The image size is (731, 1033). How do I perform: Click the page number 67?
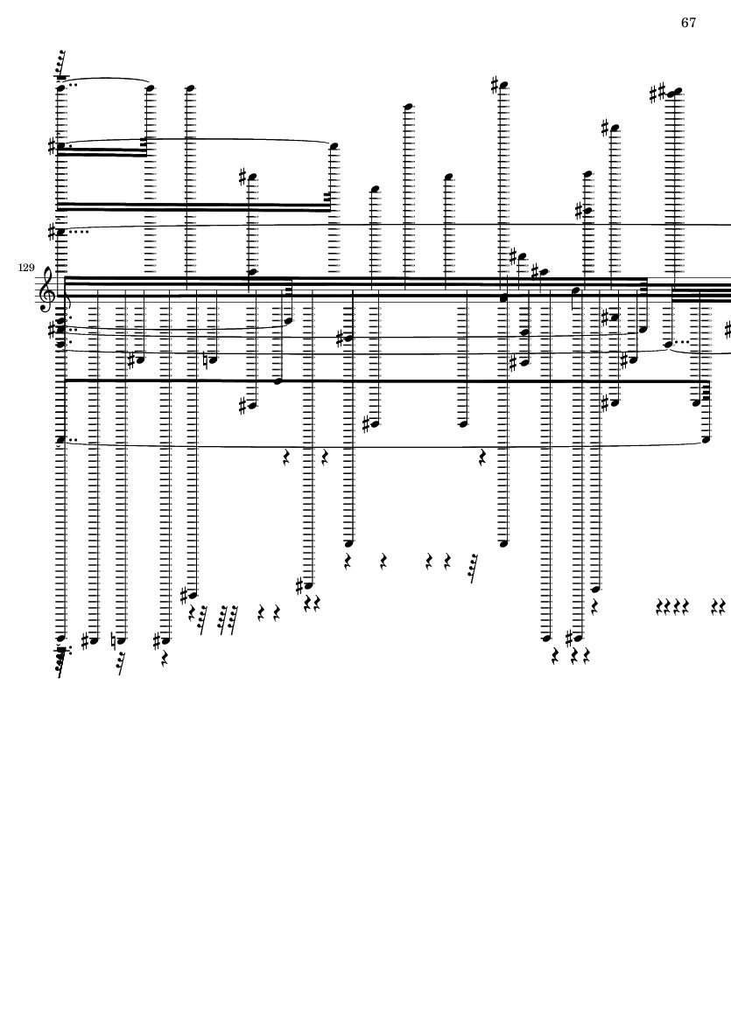(x=688, y=23)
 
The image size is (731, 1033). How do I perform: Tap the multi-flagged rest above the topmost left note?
(x=61, y=66)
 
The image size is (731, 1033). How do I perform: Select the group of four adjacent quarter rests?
(x=674, y=605)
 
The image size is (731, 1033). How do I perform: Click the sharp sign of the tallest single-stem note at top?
(x=496, y=85)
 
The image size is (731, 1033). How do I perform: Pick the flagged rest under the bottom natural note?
(x=121, y=663)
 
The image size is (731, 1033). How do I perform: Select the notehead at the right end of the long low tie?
(x=706, y=439)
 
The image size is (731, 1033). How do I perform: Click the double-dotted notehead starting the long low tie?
(x=60, y=440)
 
